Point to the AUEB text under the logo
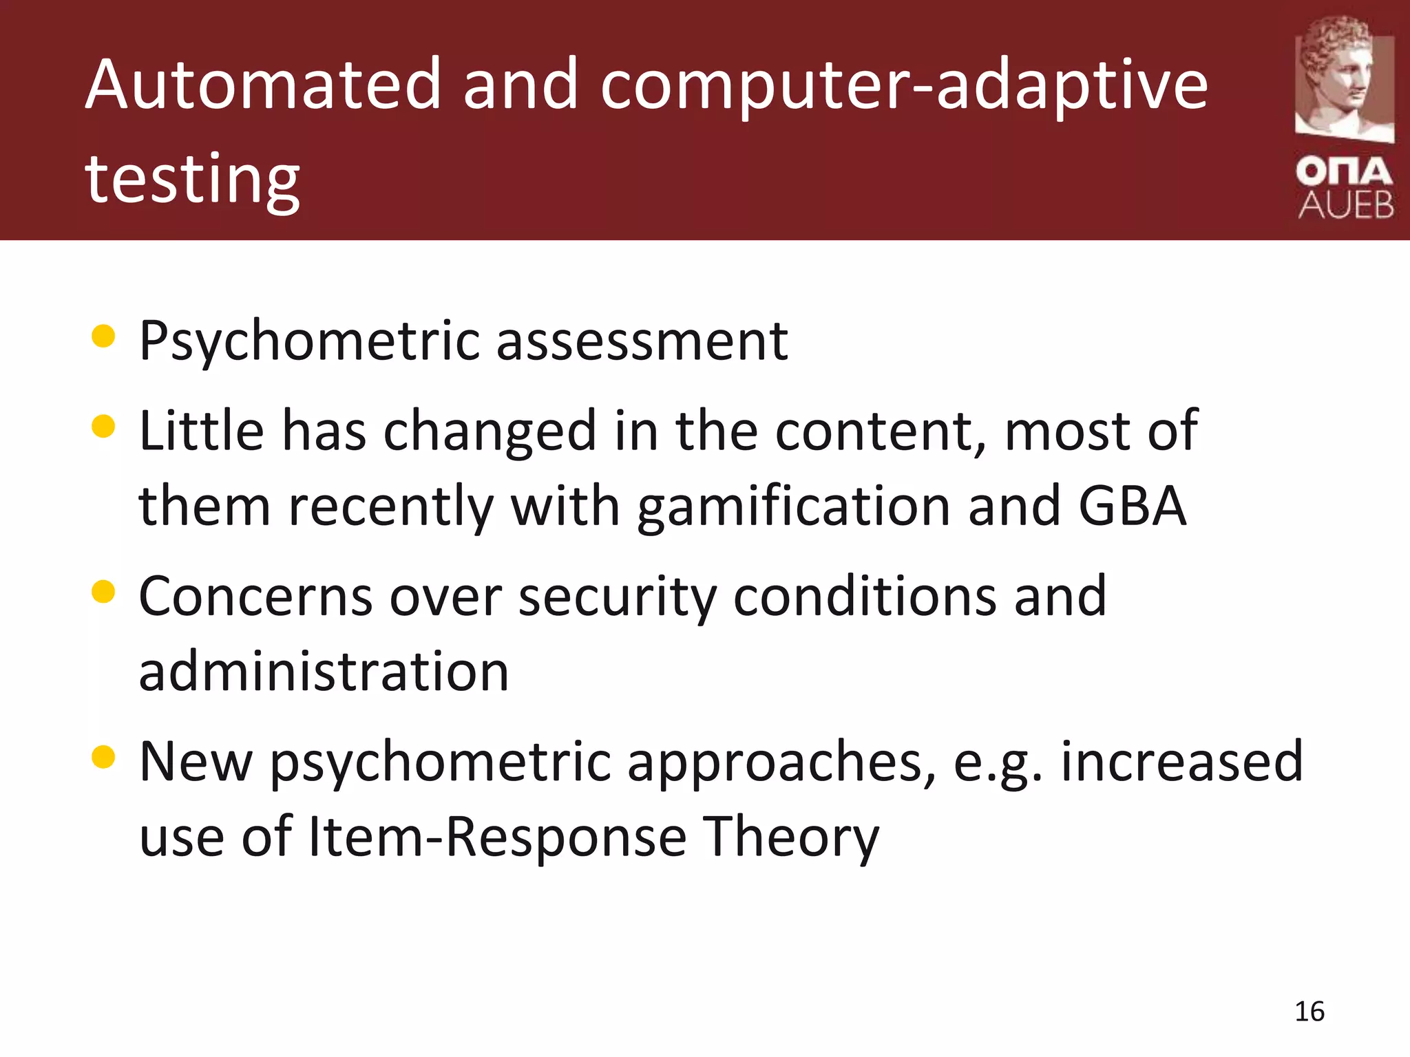click(x=1345, y=205)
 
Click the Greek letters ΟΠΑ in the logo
click(x=1344, y=172)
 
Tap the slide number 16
click(x=1309, y=1012)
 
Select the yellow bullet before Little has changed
click(x=103, y=426)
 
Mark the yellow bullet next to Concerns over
click(x=103, y=591)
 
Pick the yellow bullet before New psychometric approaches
click(x=103, y=756)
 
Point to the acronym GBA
click(x=1132, y=506)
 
